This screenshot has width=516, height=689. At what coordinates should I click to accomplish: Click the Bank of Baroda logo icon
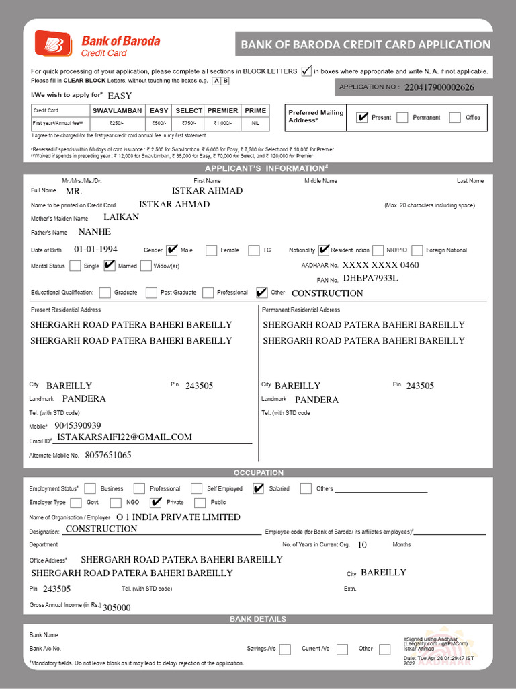[54, 44]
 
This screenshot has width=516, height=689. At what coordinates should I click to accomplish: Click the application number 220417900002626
[439, 87]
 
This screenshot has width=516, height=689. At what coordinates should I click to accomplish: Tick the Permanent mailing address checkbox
[402, 118]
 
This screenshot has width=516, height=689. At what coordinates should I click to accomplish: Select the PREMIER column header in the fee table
[222, 110]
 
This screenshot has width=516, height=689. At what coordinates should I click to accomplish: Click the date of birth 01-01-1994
[95, 249]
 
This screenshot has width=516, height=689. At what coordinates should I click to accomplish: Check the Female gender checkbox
[212, 250]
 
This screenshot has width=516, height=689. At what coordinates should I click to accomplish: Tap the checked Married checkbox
[110, 266]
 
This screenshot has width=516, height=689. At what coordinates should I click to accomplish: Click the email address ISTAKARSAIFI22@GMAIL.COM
[124, 437]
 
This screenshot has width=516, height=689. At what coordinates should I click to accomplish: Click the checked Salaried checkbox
[259, 488]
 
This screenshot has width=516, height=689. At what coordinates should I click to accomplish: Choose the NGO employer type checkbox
[116, 503]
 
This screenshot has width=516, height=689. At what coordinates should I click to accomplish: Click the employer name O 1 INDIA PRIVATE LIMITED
[178, 517]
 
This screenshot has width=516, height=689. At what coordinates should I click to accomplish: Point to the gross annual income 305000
[117, 607]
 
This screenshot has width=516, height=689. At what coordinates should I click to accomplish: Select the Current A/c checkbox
[342, 649]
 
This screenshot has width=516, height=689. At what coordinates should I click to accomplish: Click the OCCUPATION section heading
[258, 473]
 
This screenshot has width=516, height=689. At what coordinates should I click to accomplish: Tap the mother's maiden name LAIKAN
[122, 217]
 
